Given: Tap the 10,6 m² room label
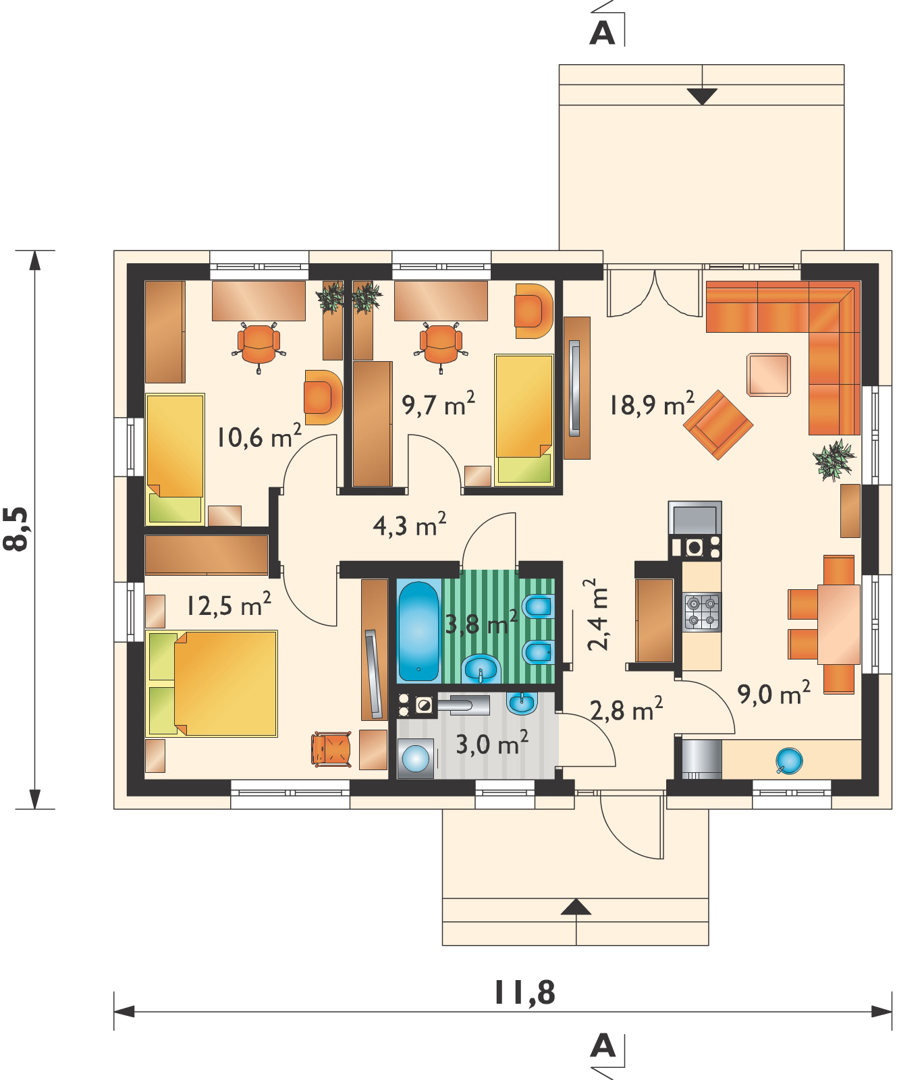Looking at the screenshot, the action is point(259,437).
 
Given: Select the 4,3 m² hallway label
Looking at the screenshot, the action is point(410,524).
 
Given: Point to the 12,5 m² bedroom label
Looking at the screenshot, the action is point(229,604).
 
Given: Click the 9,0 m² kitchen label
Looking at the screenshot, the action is point(773,693).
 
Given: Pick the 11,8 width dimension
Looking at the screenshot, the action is point(524,992).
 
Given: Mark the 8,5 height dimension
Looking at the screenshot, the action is point(16,529).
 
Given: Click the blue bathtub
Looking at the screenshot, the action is point(418,630).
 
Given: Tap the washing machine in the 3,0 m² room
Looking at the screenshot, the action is point(416,759).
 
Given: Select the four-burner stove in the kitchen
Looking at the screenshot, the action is point(702,612).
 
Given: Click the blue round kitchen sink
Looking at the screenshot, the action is point(789,761).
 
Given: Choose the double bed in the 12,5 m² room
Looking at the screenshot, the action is point(212,683).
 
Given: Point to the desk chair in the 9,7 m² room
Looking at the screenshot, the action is point(441,344).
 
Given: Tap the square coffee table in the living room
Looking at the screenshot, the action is point(769,374).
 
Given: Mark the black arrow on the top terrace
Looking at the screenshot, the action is point(702,97).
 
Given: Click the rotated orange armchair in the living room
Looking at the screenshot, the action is point(718,425).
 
